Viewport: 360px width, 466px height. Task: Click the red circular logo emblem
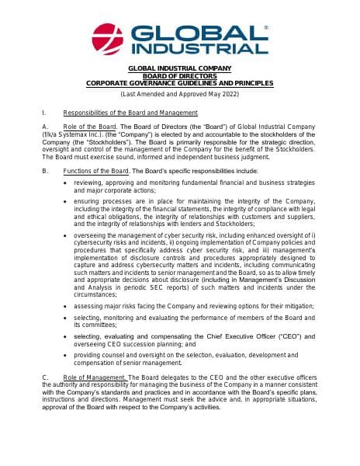[x=108, y=39]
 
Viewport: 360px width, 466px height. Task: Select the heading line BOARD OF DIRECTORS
[x=179, y=76]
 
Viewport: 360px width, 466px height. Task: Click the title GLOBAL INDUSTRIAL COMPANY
[x=179, y=69]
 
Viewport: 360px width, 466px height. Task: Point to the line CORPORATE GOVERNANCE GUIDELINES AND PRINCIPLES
[x=179, y=83]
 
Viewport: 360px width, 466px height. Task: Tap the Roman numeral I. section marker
[x=45, y=113]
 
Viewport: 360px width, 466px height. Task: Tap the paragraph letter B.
[x=46, y=170]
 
